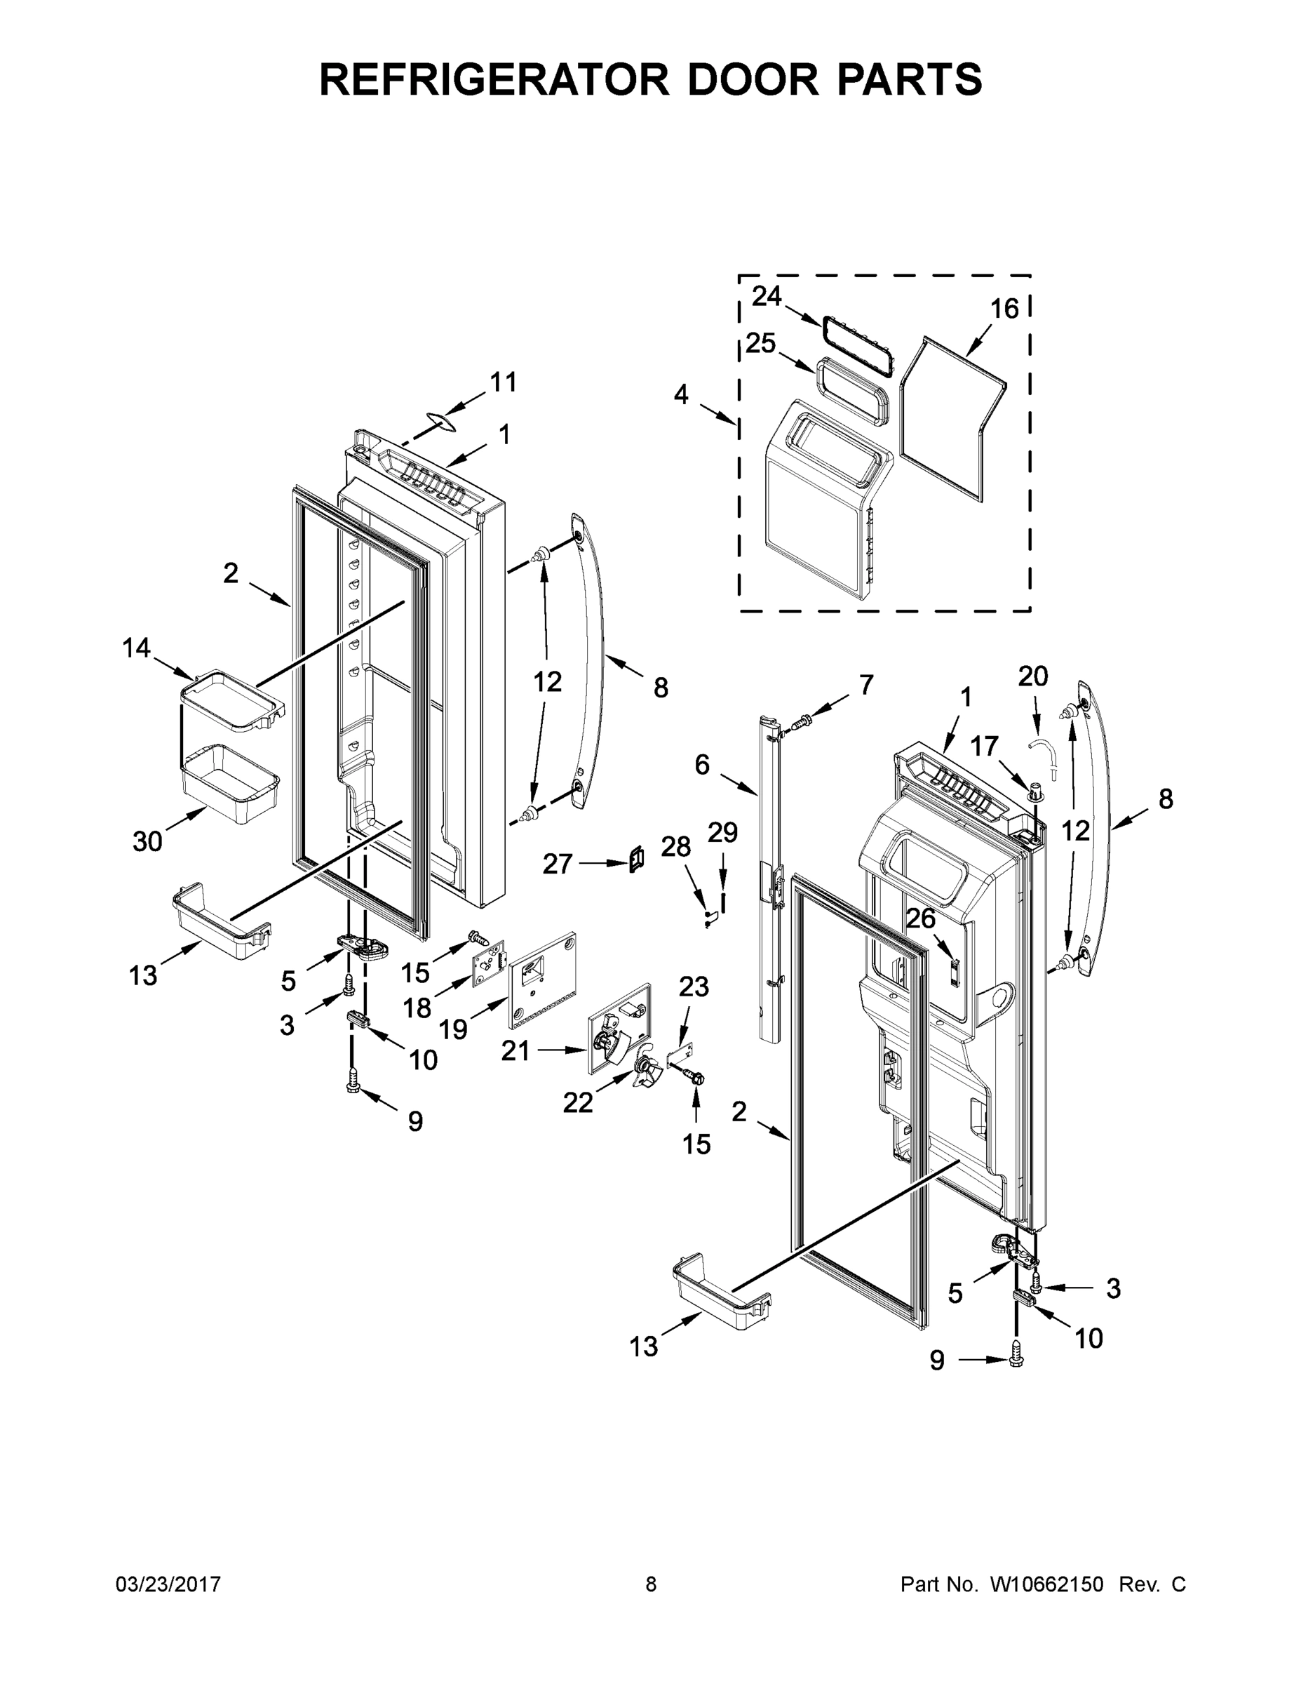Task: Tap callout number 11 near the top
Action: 504,382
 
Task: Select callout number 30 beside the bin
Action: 147,841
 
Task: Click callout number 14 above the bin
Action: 137,648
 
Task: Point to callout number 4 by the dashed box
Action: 680,394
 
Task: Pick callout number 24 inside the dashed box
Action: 766,295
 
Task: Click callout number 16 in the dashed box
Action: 1004,309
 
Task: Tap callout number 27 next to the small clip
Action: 558,864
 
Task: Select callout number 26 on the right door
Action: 920,918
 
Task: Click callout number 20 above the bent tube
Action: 1033,676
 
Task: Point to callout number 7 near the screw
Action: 865,684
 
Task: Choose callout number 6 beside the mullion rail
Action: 701,764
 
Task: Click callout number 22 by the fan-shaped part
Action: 577,1102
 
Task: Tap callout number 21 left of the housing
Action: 515,1050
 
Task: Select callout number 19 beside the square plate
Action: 453,1029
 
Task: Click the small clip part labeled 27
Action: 637,859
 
